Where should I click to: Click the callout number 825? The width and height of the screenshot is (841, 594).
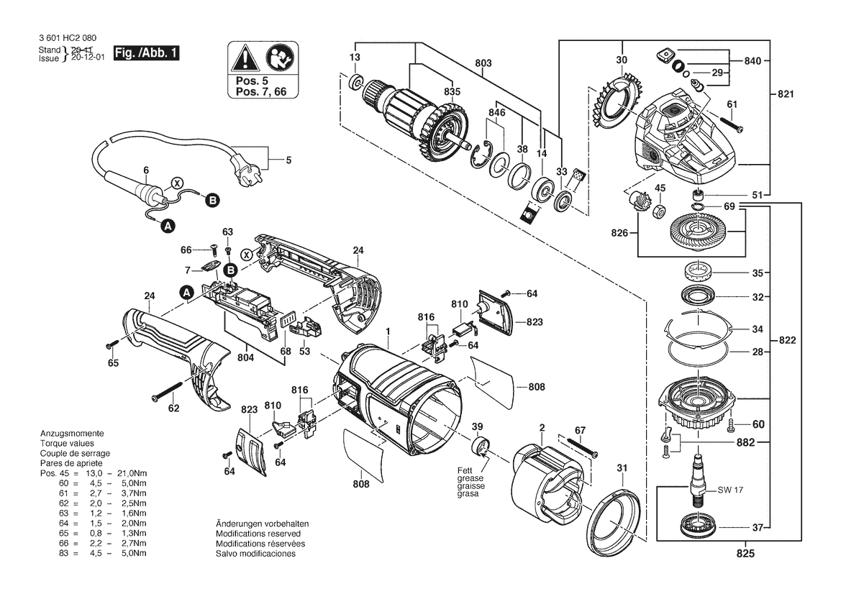746,554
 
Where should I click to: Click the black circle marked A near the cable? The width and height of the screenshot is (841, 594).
168,226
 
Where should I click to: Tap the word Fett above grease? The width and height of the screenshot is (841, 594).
465,470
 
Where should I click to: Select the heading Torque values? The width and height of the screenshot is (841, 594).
68,444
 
